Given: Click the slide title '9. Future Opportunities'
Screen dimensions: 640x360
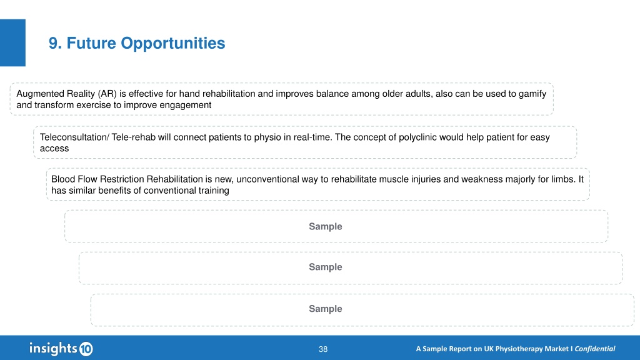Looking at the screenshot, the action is coord(137,43).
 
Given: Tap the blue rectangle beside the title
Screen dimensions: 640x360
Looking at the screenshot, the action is coord(12,42).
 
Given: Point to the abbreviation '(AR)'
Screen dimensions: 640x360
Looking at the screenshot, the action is coord(107,94).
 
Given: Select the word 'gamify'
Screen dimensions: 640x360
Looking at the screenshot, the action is coord(532,94).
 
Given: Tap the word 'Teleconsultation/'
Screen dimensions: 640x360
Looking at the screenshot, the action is coord(74,137).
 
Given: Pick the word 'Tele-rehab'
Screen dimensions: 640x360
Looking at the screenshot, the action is coord(134,137).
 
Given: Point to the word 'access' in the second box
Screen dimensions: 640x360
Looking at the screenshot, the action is coord(54,149).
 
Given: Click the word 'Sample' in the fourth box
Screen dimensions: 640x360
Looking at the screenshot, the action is coord(325,226).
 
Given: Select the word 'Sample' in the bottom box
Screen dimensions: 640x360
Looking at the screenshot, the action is coord(325,309).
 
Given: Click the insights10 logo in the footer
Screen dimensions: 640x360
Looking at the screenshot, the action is coord(61,349).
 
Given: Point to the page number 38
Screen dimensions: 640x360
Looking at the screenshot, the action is coord(323,349).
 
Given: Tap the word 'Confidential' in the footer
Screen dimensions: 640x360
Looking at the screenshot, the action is coord(595,349).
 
